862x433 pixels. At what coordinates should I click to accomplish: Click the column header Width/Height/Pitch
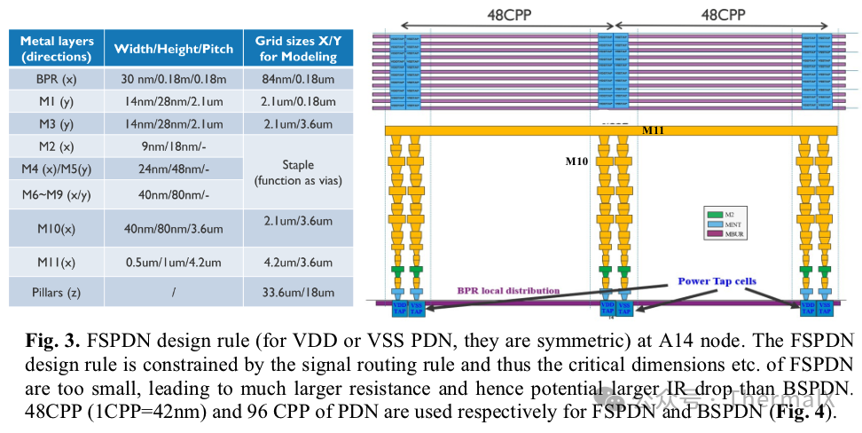[x=173, y=49]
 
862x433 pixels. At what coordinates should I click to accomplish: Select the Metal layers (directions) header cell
[x=56, y=49]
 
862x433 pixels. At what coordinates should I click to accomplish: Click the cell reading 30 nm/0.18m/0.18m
[x=173, y=79]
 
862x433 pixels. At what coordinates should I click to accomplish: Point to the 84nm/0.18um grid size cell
[x=296, y=79]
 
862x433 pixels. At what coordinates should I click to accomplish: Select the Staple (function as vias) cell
[x=296, y=173]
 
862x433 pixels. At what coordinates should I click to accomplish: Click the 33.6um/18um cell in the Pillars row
[x=296, y=292]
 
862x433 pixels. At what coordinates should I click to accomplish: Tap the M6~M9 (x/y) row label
[x=56, y=194]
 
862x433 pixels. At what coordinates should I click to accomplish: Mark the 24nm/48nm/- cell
[x=173, y=169]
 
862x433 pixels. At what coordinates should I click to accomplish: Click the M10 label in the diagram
[x=578, y=161]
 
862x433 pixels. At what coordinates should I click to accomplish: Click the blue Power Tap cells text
[x=717, y=281]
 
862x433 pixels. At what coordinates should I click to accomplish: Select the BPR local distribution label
[x=508, y=290]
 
